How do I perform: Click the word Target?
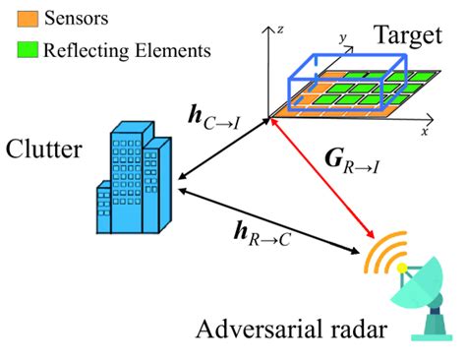[404, 37]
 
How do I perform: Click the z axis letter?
[280, 30]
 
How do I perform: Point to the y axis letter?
[344, 38]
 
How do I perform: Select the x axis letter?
[425, 130]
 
